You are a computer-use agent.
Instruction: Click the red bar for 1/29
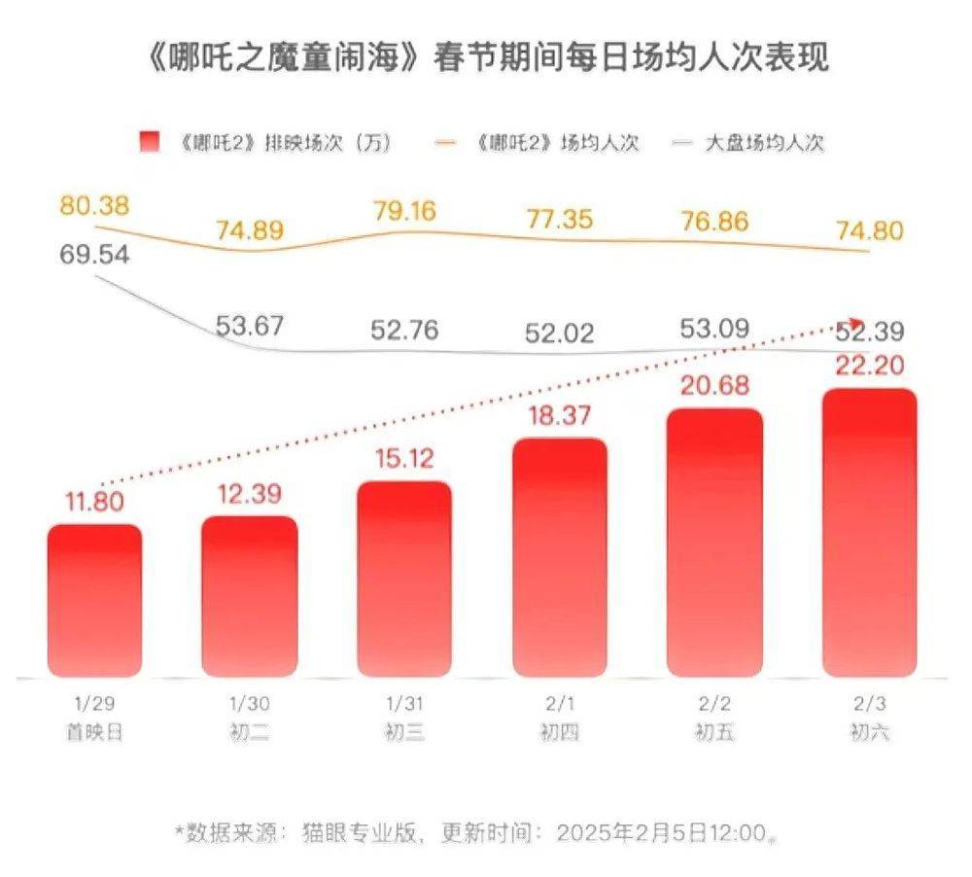click(x=95, y=600)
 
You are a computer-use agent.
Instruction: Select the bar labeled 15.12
click(x=404, y=579)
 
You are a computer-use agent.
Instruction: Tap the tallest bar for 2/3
click(x=869, y=533)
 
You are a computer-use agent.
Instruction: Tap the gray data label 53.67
click(x=250, y=326)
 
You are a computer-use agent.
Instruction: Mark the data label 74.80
click(x=869, y=230)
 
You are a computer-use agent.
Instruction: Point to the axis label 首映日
click(x=94, y=732)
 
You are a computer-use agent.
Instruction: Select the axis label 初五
click(x=714, y=732)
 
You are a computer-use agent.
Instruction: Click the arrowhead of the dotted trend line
click(x=854, y=321)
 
